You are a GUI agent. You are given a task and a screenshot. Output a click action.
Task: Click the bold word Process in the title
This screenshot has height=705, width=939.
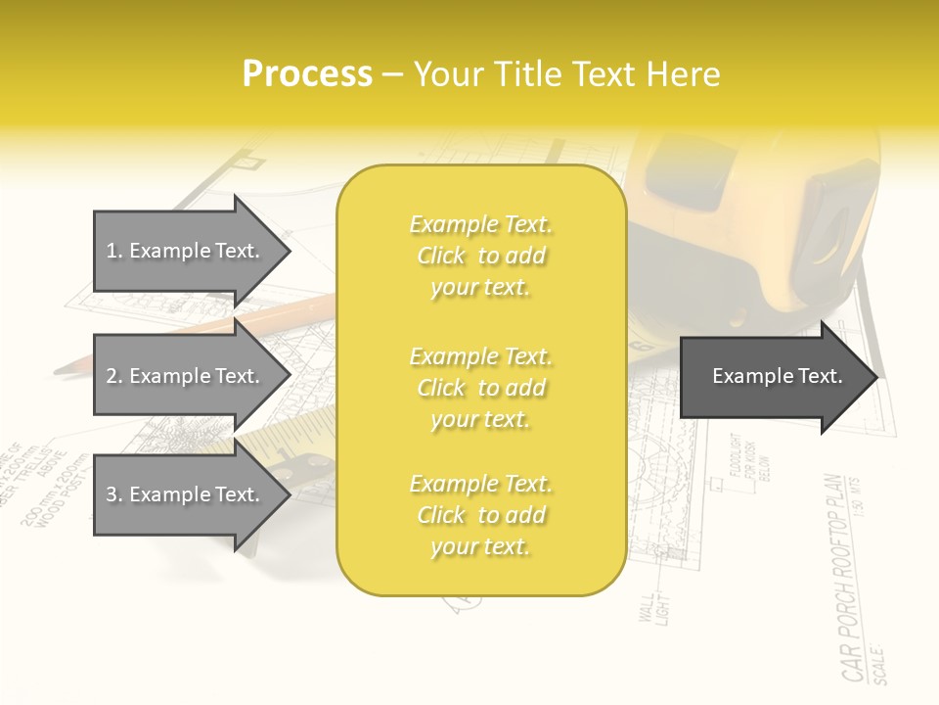[x=307, y=74]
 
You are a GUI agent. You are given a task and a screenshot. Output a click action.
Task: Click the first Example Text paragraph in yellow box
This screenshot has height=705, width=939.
[x=480, y=256]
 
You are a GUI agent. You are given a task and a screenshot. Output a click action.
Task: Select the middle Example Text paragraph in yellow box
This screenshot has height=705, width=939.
[x=480, y=387]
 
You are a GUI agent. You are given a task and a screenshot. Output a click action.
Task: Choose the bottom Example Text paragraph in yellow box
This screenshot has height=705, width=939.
[x=480, y=515]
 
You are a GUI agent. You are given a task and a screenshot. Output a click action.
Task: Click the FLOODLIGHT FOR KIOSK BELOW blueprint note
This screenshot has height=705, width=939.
[x=750, y=456]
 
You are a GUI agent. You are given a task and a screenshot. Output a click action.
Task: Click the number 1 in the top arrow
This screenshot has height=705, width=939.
[x=111, y=251]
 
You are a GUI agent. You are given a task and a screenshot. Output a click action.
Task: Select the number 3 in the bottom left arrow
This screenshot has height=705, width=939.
[x=111, y=494]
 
